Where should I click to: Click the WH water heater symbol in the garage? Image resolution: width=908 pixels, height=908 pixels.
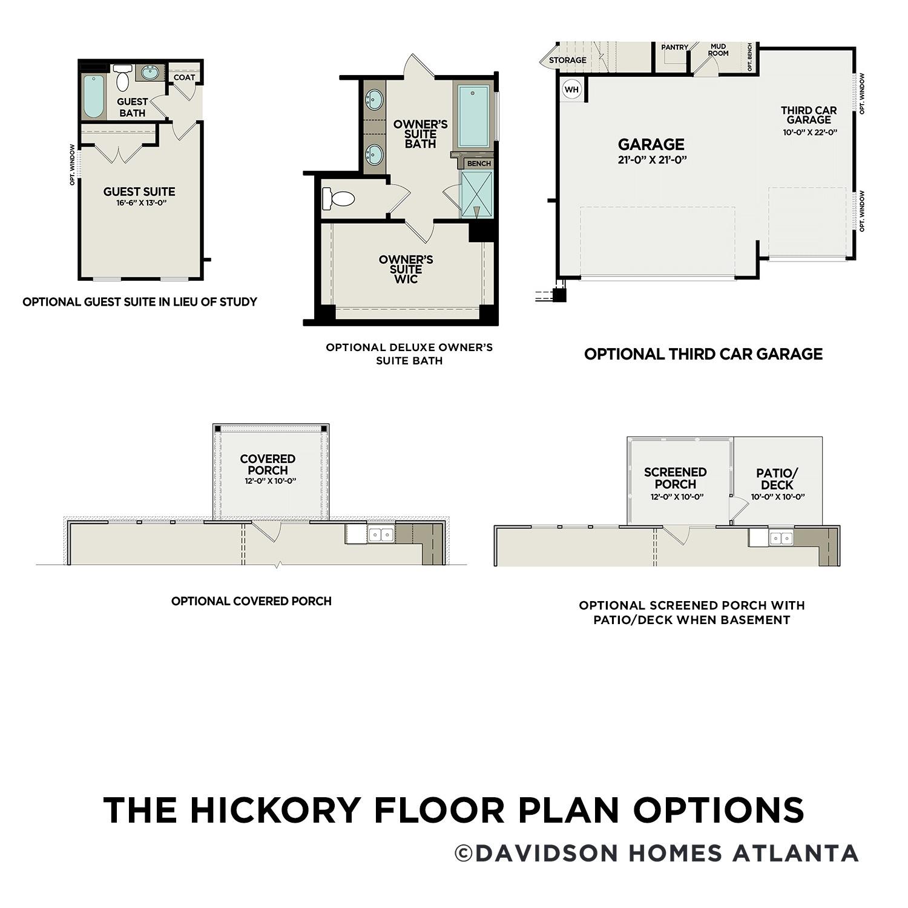571,90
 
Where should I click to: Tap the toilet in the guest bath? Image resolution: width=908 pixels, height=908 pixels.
123,78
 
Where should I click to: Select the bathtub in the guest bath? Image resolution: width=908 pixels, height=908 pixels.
94,96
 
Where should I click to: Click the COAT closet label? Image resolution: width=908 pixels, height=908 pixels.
185,77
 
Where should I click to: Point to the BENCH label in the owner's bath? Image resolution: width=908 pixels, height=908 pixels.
479,163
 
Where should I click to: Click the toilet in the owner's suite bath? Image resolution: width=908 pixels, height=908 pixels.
338,198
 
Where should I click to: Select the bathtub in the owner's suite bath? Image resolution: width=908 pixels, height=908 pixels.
473,116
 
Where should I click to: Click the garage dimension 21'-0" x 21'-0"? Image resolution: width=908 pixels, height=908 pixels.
651,160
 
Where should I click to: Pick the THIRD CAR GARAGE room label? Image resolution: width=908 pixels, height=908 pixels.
809,115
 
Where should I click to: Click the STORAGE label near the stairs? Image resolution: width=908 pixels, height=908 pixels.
567,60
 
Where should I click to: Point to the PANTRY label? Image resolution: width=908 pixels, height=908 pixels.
674,47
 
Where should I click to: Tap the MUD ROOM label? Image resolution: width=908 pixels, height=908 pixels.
718,50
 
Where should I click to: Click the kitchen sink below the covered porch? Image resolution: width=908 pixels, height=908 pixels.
381,534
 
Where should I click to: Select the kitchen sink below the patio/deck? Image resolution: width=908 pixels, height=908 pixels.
781,538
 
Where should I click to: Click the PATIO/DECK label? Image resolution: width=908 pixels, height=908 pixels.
777,479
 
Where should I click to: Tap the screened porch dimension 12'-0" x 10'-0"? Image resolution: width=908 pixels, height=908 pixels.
675,497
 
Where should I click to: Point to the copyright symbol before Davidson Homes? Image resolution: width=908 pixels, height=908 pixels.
464,854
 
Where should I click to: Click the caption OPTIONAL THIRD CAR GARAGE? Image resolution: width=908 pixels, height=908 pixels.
703,354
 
